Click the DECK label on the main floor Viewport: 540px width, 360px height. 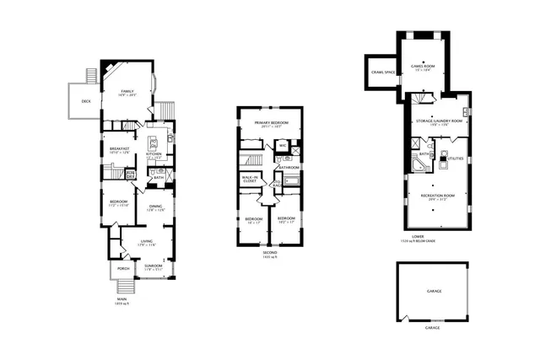click(86, 101)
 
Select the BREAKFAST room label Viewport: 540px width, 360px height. click(118, 148)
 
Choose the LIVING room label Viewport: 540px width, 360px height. click(145, 241)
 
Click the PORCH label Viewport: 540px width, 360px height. click(123, 269)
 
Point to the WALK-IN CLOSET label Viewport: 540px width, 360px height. click(250, 179)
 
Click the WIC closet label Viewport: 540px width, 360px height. click(283, 145)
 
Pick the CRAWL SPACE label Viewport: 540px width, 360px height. click(383, 72)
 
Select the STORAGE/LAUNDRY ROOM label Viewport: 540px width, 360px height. click(436, 121)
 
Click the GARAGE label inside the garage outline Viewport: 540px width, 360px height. click(433, 291)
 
